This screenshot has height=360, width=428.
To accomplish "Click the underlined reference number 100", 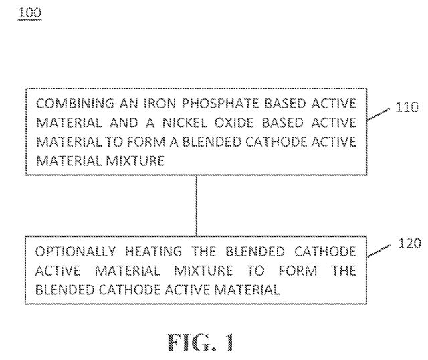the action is coord(29,13).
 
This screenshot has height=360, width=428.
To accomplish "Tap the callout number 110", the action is coord(407,107).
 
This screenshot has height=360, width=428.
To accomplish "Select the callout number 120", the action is coord(409,243).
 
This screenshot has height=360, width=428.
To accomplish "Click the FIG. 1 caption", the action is coord(201,342).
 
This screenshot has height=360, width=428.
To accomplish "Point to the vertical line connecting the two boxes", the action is coord(196,205).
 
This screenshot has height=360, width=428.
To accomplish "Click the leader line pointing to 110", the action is coord(379,114).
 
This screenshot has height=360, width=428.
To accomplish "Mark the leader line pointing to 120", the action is coord(379,251).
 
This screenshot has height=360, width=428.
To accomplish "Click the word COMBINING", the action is coord(75,104).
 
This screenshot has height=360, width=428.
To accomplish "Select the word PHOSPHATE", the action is coord(220,104).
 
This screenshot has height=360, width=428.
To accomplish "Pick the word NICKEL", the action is coord(185,123).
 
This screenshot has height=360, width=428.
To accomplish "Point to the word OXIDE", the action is coord(234,123).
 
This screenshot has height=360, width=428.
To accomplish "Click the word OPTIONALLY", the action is coord(76,252).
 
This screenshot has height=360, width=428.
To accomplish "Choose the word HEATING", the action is coord(153,252).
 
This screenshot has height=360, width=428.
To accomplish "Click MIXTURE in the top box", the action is coord(135,161).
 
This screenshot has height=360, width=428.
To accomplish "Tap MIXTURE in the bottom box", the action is coord(203,271).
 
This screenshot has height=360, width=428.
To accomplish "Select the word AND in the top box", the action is coord(124,123).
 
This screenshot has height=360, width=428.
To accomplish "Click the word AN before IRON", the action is coord(128,104).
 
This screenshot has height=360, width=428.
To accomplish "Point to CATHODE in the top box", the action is coord(276,142).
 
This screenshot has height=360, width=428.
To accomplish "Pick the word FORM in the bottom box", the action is coord(298,271).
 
